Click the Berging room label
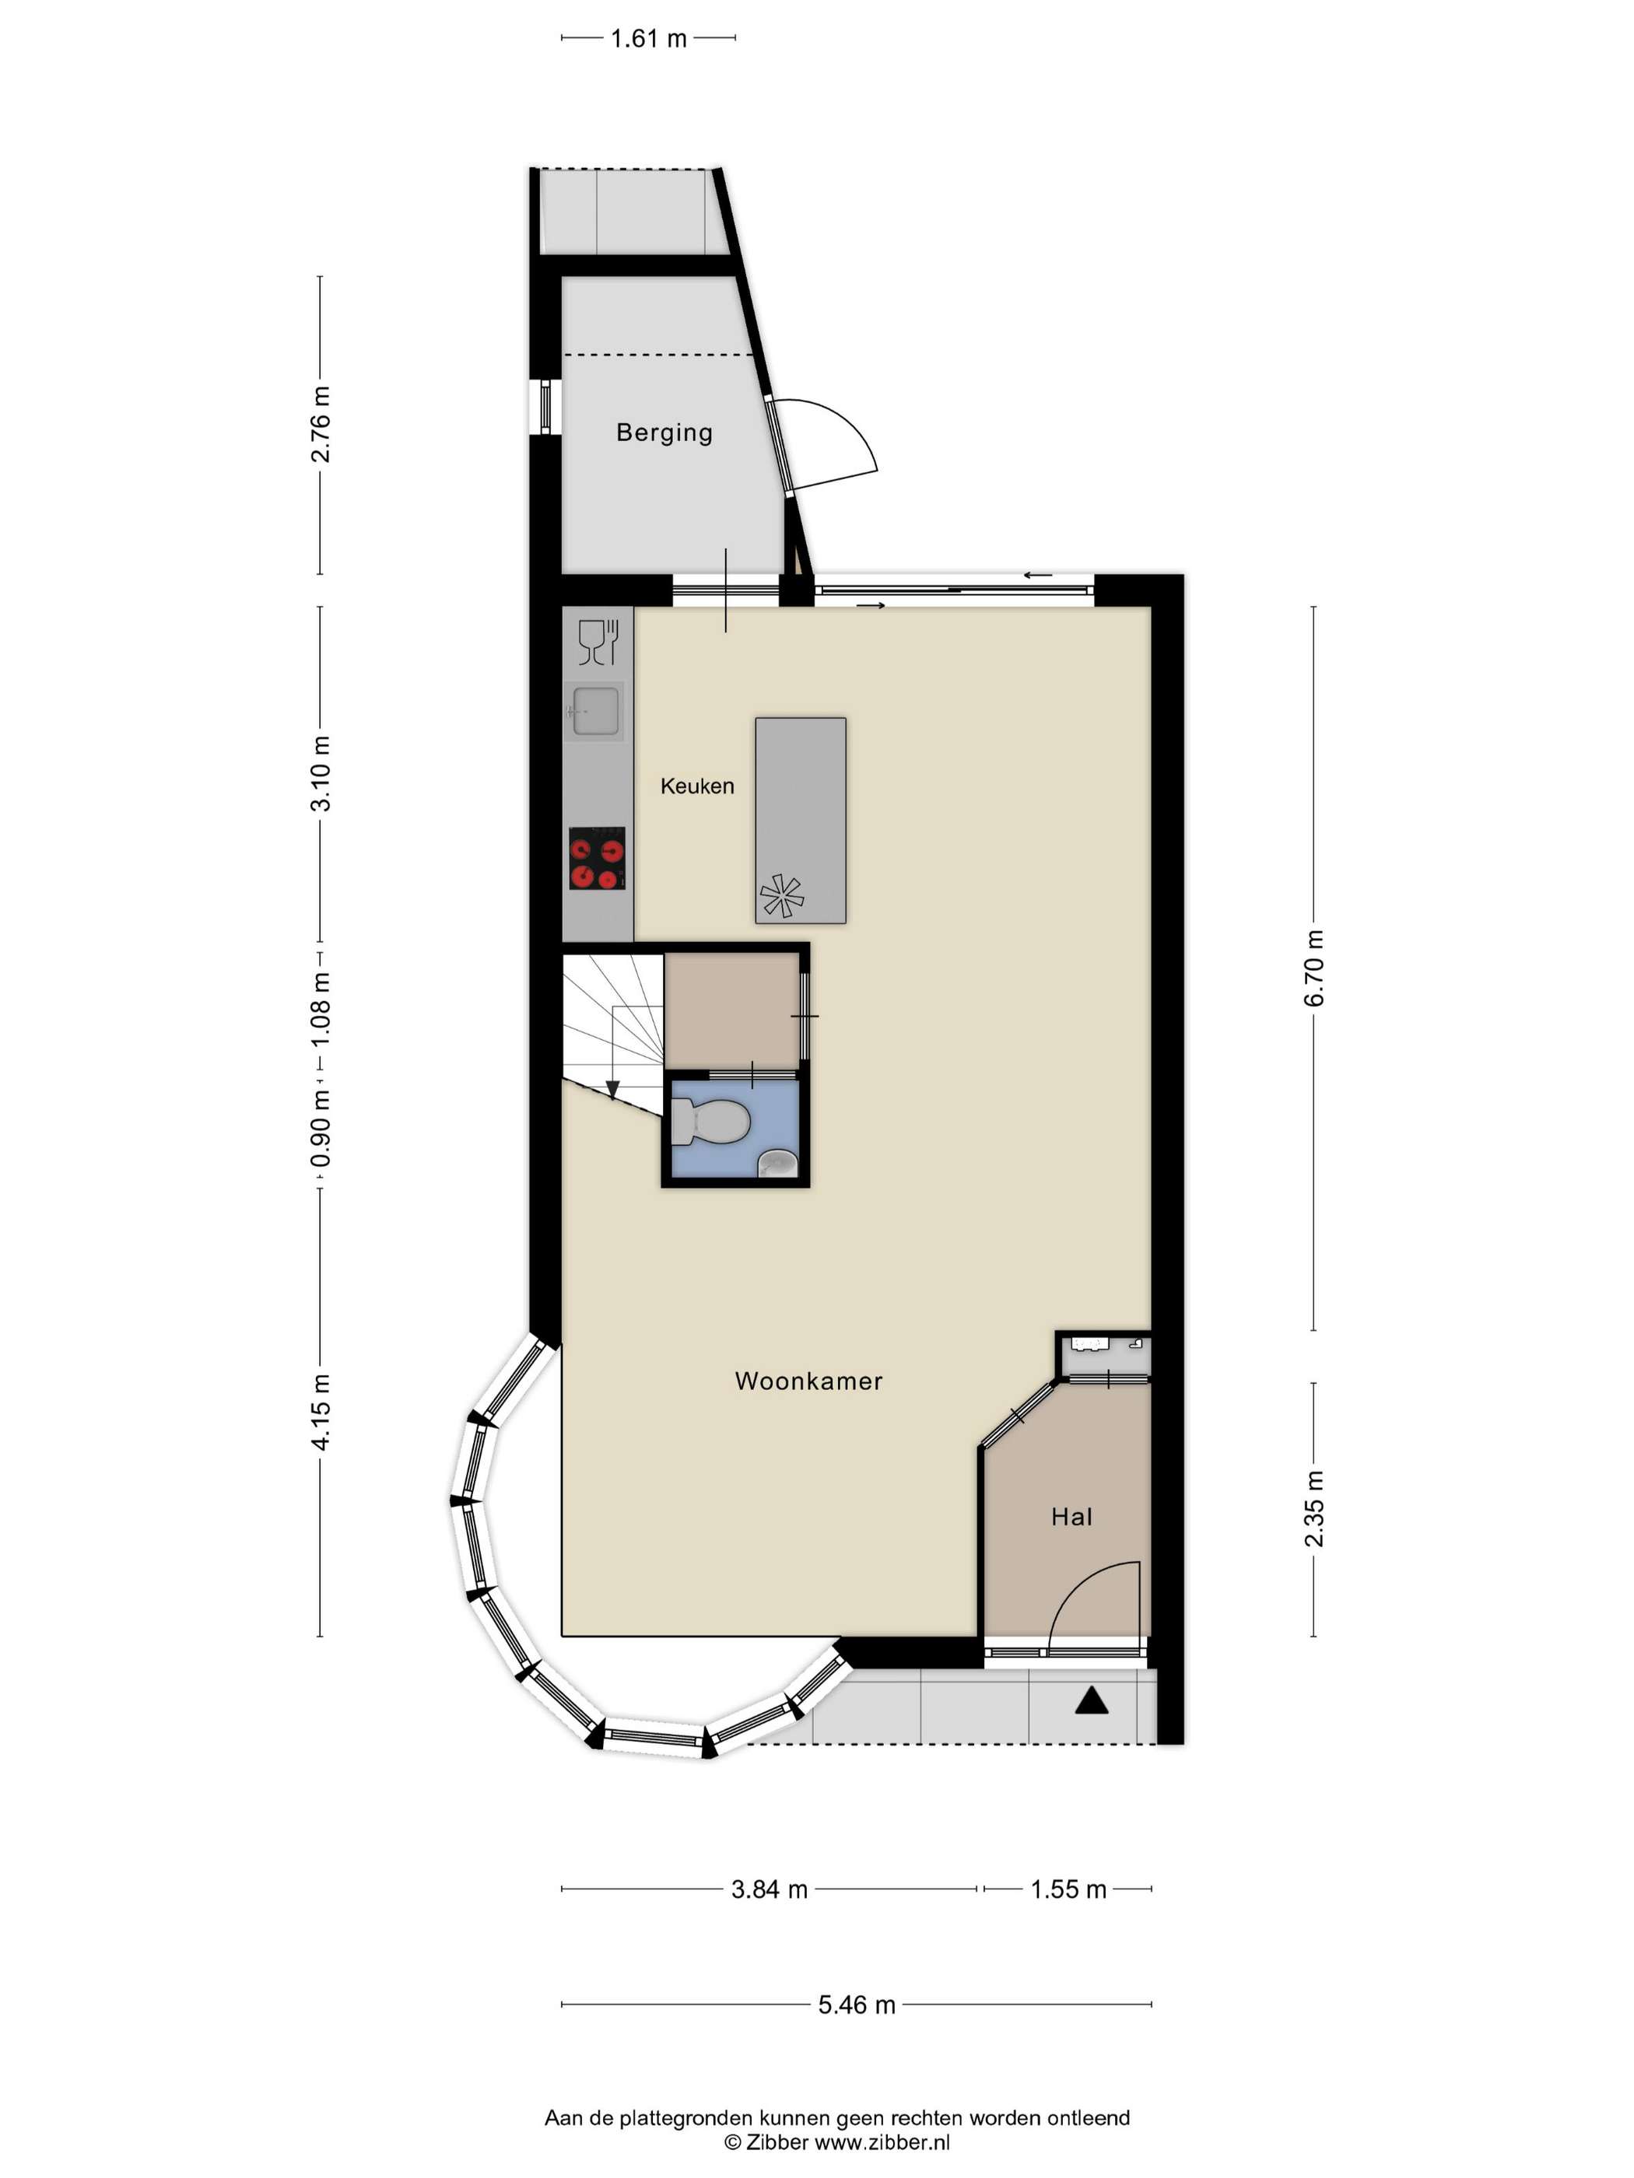[x=664, y=432]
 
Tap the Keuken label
[x=696, y=786]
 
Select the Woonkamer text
[x=808, y=1381]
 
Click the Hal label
[x=1071, y=1516]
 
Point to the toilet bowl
[x=718, y=1122]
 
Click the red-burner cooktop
[x=597, y=859]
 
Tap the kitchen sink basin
[x=595, y=710]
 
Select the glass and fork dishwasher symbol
[x=598, y=642]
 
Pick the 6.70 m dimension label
[x=1314, y=967]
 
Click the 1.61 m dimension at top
[x=648, y=38]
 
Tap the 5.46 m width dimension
[x=856, y=2005]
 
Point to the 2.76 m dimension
[x=320, y=425]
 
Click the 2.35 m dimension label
[x=1314, y=1508]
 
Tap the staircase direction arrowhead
[x=612, y=1090]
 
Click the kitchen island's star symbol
[x=781, y=895]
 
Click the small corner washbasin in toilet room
[x=777, y=1164]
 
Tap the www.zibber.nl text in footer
[x=882, y=2141]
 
